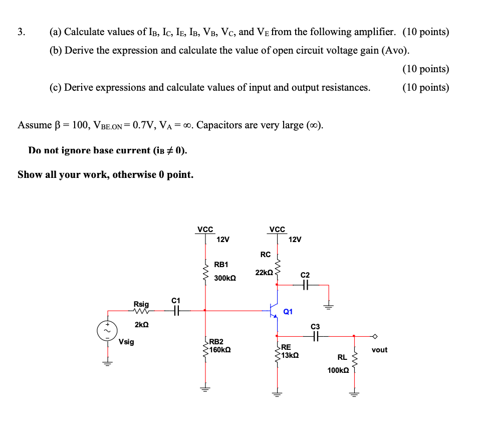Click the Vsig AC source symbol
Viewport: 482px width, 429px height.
pyautogui.click(x=106, y=331)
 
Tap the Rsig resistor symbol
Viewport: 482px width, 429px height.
pyautogui.click(x=141, y=311)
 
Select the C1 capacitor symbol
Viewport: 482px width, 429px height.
pyautogui.click(x=175, y=311)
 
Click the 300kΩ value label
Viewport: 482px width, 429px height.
pyautogui.click(x=225, y=278)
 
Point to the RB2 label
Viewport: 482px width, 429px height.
pyautogui.click(x=216, y=341)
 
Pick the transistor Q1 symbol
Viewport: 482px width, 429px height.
pyautogui.click(x=274, y=311)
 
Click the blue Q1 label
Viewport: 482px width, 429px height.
pyautogui.click(x=288, y=312)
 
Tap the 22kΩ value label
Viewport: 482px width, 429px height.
pyautogui.click(x=264, y=273)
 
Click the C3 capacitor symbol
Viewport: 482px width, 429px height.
pyautogui.click(x=315, y=336)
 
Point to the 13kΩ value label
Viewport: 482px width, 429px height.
pyautogui.click(x=290, y=355)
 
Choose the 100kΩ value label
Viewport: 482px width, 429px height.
pyautogui.click(x=338, y=370)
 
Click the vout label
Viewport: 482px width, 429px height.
pyautogui.click(x=379, y=350)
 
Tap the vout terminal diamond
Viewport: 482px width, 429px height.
pyautogui.click(x=373, y=336)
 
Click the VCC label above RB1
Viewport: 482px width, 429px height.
pyautogui.click(x=205, y=230)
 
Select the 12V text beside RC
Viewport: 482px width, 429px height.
pyautogui.click(x=295, y=240)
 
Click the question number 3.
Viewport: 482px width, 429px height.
pyautogui.click(x=21, y=32)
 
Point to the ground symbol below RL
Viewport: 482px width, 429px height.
pyautogui.click(x=354, y=393)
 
